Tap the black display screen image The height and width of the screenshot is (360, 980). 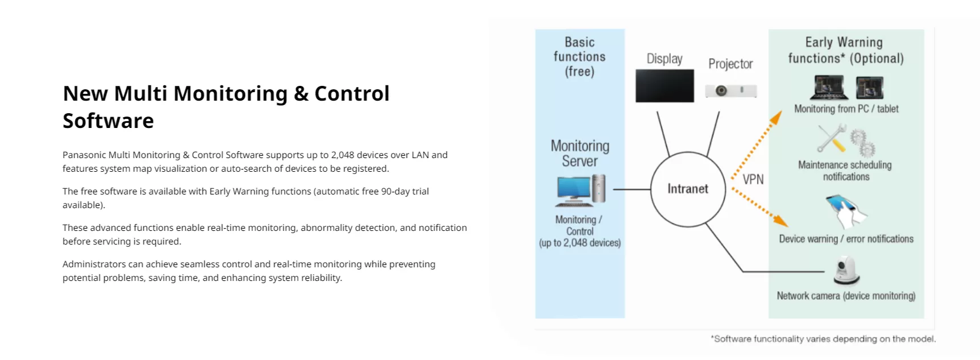665,86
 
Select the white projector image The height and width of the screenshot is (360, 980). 730,90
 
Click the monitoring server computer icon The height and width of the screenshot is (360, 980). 580,190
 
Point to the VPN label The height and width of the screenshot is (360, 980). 753,179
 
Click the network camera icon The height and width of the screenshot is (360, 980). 846,271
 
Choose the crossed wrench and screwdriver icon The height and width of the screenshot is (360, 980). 832,138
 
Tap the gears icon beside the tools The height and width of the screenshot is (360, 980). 863,142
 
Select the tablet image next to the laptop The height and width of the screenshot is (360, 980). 870,88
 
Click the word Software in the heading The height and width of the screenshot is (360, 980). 108,121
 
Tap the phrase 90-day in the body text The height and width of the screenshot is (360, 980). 396,191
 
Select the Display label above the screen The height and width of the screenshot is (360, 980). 665,59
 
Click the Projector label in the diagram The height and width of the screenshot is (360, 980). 730,64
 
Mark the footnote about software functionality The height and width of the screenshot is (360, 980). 823,339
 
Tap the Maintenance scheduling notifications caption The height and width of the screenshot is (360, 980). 845,171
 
